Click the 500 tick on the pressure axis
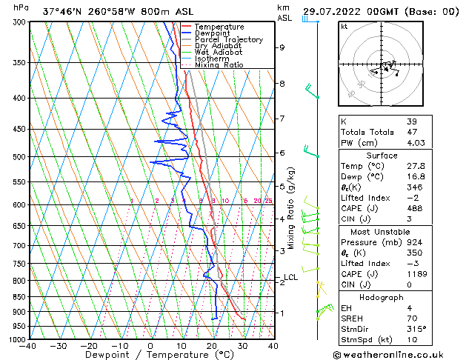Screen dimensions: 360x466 point(18,157)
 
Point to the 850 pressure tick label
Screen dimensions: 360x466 point(18,297)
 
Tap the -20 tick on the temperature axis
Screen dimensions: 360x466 point(89,346)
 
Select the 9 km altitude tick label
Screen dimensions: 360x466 point(282,47)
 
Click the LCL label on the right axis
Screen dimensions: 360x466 point(290,278)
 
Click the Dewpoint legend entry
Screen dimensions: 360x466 point(213,33)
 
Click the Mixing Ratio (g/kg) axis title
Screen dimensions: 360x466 point(291,208)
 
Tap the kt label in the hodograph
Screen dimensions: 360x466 point(344,26)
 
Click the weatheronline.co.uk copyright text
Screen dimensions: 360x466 point(398,354)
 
